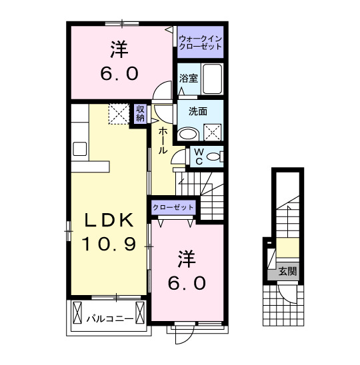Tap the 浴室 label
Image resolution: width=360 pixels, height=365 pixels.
[188, 79]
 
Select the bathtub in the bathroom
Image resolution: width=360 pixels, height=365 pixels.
[212, 80]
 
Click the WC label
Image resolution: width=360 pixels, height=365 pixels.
[199, 156]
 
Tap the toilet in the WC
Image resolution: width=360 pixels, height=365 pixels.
[213, 157]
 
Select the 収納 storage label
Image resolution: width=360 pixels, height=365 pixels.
[141, 113]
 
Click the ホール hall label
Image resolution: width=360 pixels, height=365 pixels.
[163, 141]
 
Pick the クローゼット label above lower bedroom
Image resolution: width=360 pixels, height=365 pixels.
[173, 208]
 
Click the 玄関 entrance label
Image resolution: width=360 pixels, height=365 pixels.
[287, 271]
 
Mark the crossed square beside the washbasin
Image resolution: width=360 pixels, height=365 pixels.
[213, 132]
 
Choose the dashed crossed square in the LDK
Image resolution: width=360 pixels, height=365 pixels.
[118, 113]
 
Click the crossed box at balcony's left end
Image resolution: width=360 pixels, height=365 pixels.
[78, 312]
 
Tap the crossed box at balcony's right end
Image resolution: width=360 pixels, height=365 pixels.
[140, 312]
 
